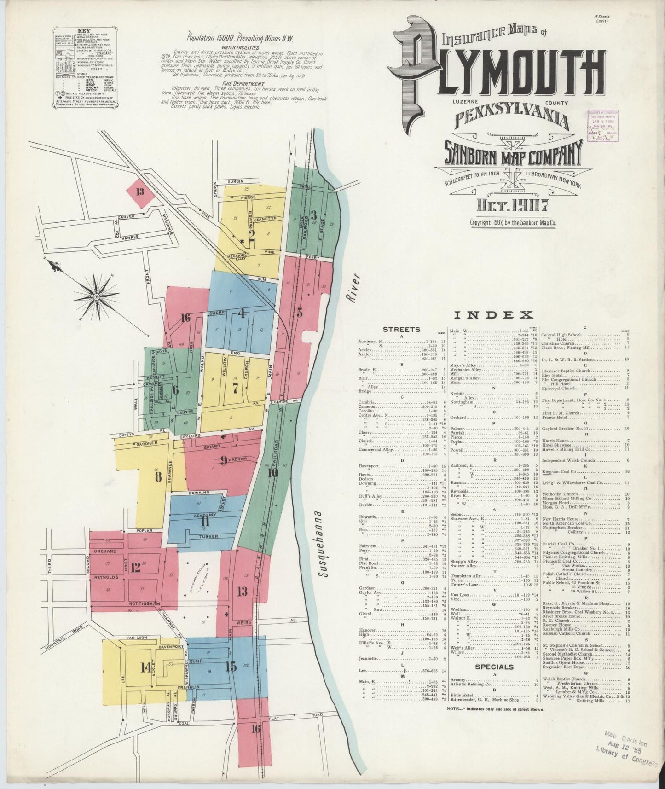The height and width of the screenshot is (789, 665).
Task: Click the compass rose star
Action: pos(97,297)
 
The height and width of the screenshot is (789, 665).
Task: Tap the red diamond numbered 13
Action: pos(140,192)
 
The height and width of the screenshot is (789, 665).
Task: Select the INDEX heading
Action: pos(493,315)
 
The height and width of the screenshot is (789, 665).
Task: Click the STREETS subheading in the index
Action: pos(401,329)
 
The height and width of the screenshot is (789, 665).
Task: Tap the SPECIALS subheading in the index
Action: pos(494,667)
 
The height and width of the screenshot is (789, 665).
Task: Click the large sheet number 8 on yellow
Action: pos(158,477)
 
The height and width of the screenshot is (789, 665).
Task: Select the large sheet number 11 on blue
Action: pos(205,522)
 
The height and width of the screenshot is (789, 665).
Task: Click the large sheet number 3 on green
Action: pos(313,215)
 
